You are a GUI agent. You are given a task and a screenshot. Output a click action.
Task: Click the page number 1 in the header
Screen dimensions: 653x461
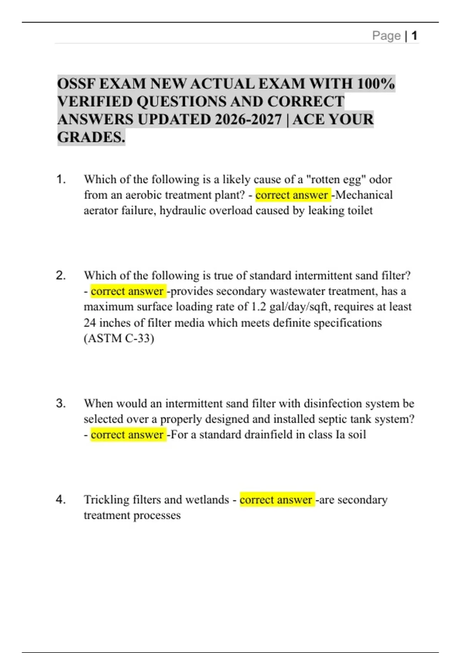[414, 36]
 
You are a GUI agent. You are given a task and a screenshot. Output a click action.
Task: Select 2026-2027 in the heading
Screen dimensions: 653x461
[248, 119]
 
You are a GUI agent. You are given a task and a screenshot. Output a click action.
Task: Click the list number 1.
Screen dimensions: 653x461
[61, 179]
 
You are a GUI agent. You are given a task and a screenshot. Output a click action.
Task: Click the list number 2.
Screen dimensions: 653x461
[61, 275]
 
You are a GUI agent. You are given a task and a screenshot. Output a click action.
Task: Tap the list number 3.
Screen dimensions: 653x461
[61, 403]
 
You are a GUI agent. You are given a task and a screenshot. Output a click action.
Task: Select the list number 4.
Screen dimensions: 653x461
[61, 499]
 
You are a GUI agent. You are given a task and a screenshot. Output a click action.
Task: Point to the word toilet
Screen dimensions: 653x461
[360, 210]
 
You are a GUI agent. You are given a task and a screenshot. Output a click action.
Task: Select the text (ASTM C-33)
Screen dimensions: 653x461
[119, 338]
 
